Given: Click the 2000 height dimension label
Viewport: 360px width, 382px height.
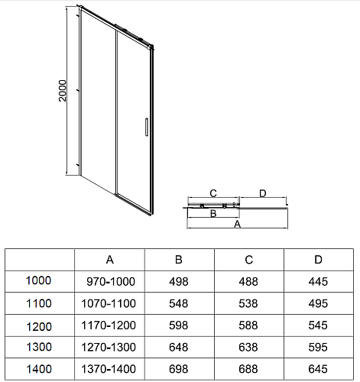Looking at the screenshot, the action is point(63,91).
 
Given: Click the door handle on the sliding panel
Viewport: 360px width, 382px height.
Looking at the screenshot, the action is point(147,127).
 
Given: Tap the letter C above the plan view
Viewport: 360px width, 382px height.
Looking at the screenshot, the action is point(213,193).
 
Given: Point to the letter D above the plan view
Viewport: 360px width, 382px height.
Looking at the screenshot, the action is point(263,193).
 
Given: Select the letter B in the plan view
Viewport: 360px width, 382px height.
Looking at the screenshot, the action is point(213,213).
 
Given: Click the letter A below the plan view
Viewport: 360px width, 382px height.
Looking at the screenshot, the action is point(237,225).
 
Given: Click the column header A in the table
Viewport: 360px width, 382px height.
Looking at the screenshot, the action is point(110,260).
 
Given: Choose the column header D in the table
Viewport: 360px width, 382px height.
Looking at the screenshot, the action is point(318,260).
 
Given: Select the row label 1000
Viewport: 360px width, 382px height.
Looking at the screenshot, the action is point(38,280).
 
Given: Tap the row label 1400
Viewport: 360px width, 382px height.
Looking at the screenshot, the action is point(39,369).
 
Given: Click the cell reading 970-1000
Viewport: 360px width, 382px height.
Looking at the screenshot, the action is point(111,282).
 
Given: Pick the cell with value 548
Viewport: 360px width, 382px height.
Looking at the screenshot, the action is point(179,303).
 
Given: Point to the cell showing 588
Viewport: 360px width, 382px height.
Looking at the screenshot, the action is point(248,325).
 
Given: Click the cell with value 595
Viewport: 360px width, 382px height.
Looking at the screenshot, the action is point(318,348).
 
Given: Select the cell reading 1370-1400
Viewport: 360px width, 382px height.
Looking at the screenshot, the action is point(109,369).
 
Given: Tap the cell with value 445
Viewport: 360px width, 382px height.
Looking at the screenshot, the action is point(318,282).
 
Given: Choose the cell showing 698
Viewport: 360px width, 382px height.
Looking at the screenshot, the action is point(179,369).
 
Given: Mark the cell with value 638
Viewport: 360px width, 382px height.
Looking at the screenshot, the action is point(248,348).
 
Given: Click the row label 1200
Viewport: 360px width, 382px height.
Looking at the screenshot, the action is point(39,327).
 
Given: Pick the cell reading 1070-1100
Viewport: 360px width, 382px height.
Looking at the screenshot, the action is point(109,303).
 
